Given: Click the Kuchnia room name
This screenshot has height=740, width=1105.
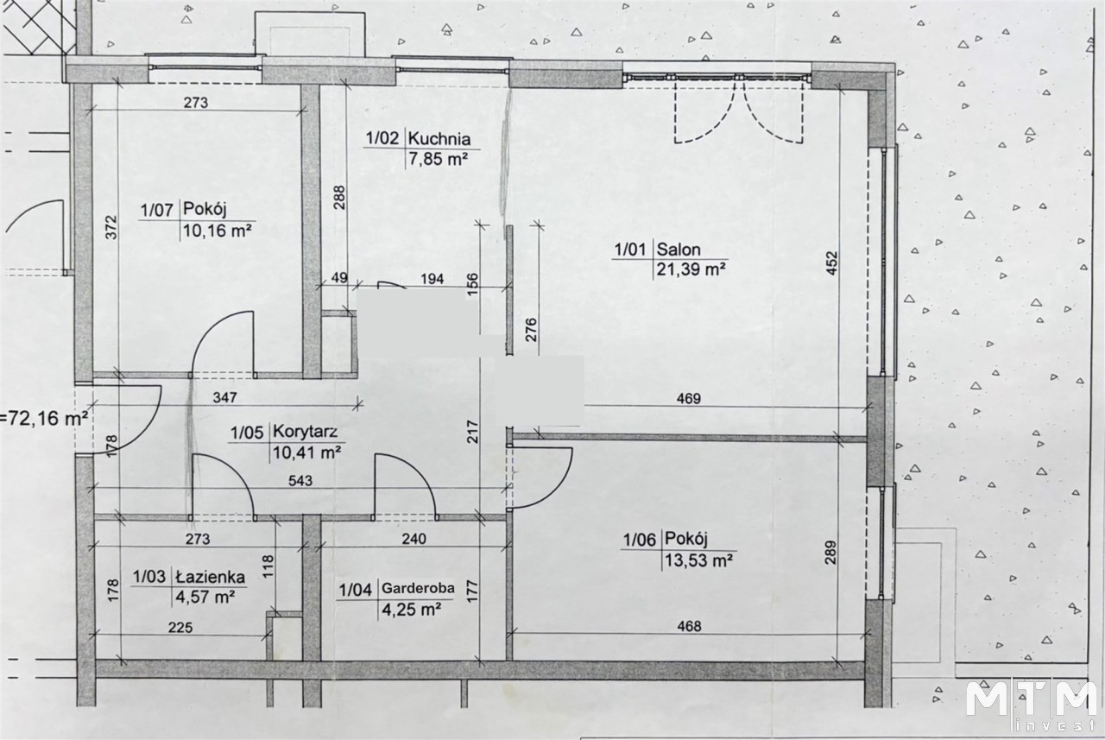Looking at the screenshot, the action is click(x=439, y=139).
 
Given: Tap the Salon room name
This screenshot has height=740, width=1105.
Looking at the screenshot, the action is click(x=679, y=250).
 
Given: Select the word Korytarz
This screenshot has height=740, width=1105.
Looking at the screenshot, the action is click(x=305, y=432).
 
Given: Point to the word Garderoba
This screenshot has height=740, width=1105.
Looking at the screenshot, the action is click(x=418, y=588).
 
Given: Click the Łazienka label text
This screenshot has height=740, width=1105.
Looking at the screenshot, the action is click(x=210, y=577).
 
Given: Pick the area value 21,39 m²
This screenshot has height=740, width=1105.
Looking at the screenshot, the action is click(x=691, y=269).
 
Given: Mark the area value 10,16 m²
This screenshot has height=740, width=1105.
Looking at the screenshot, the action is click(x=218, y=230).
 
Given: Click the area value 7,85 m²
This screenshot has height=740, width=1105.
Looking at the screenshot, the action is click(x=438, y=159).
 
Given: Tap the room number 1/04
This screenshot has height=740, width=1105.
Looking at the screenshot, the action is click(x=355, y=590).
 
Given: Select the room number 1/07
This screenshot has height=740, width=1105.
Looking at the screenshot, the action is click(x=157, y=210).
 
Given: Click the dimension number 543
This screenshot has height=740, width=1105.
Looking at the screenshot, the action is click(x=300, y=480).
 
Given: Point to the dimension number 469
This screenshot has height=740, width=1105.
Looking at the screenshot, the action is click(x=689, y=398).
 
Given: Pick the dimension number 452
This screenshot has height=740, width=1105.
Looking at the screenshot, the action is click(x=831, y=263).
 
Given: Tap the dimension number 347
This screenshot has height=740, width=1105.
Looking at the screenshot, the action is click(x=225, y=397).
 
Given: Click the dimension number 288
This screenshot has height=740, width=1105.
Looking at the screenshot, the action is click(x=340, y=198).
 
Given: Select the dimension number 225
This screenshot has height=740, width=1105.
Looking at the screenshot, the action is click(x=180, y=628).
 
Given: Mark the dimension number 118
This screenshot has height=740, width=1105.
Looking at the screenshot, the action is click(x=268, y=567).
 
